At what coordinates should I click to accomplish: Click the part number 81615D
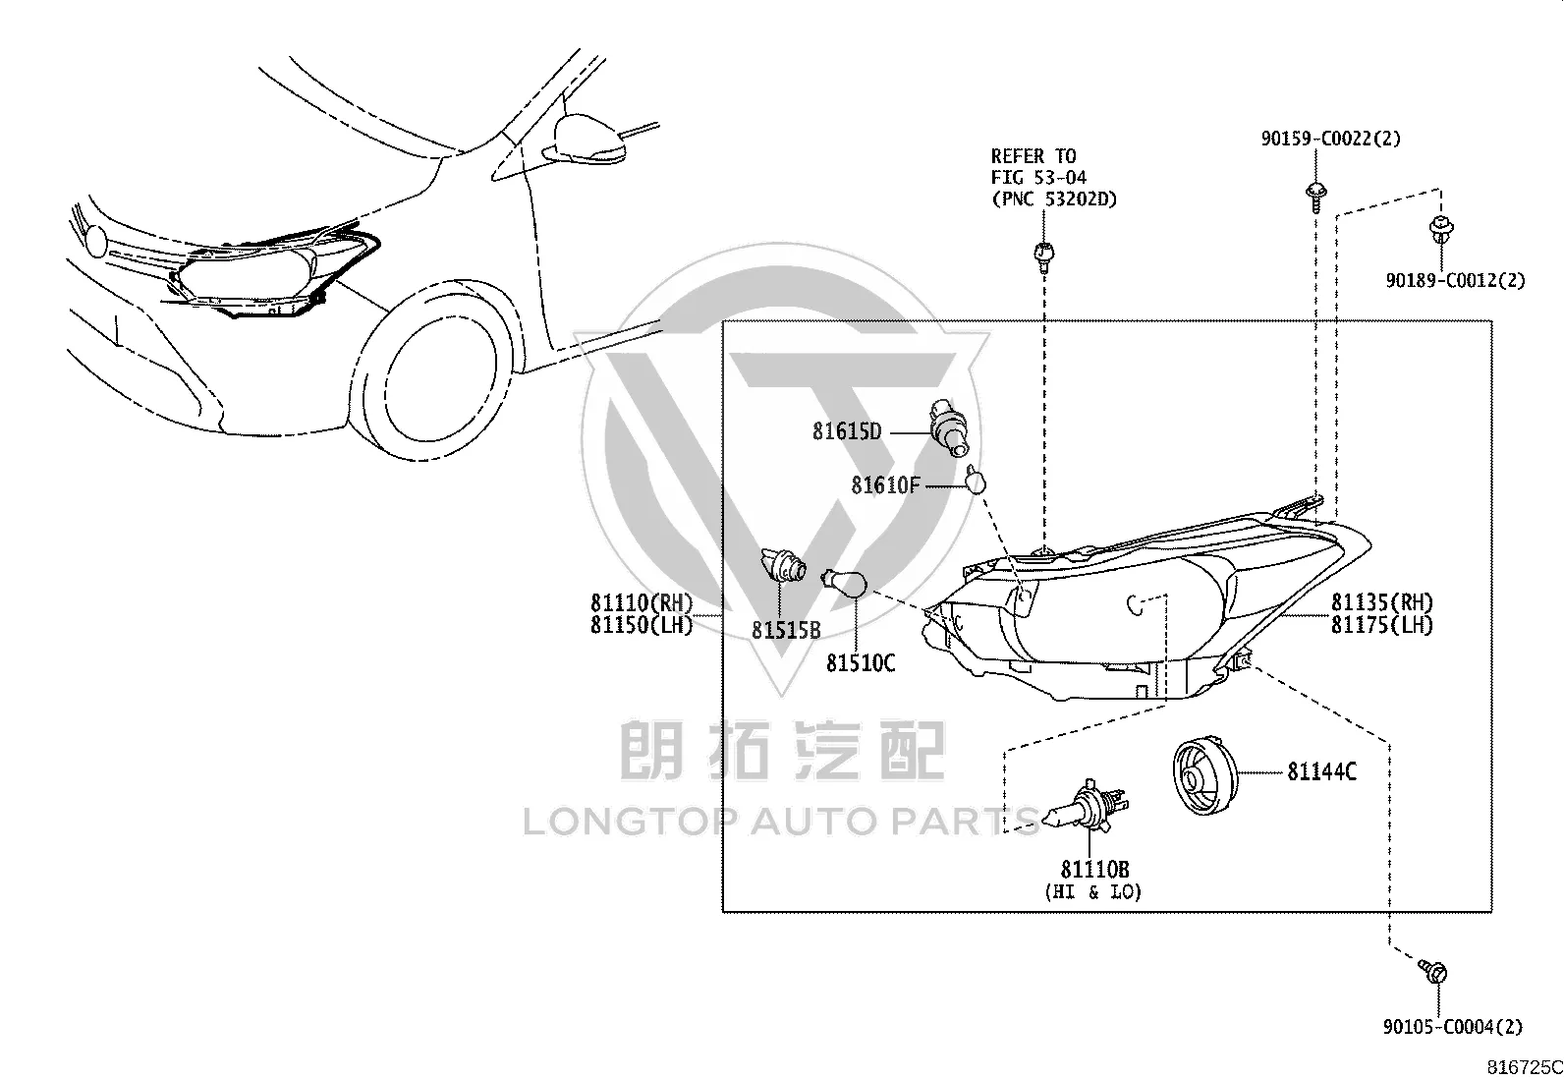click(847, 431)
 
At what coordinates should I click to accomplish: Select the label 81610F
click(885, 484)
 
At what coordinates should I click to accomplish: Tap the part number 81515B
click(786, 630)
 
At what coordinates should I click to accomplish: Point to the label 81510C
click(861, 663)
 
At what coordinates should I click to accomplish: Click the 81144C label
click(1322, 772)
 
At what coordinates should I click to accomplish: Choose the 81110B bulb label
click(1094, 869)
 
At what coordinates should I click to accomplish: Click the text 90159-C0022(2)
click(1331, 139)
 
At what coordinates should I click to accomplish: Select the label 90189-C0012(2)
click(1456, 281)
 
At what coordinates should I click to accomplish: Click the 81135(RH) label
click(1382, 602)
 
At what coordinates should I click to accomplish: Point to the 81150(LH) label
click(642, 625)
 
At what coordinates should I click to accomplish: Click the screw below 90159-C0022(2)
click(1315, 197)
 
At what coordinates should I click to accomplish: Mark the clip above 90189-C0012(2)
click(1440, 229)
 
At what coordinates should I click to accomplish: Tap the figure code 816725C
click(1525, 1067)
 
